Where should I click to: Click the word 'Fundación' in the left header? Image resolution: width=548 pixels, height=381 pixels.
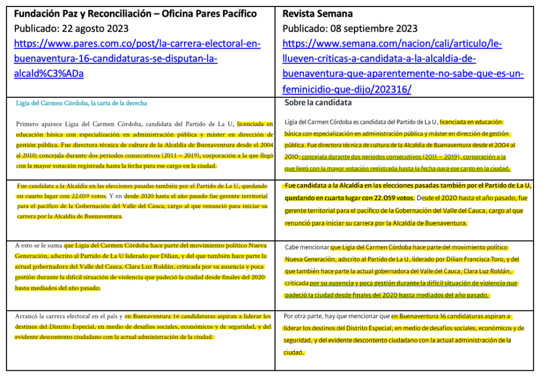[x=37, y=14]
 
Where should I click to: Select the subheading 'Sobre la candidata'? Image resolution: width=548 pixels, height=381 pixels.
[x=318, y=102]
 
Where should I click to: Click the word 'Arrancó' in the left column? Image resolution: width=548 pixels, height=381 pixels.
[x=27, y=316]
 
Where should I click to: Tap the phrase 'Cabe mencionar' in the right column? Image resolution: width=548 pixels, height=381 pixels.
[x=306, y=248]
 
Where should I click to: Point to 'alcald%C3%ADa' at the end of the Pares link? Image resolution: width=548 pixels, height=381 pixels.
[x=49, y=74]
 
